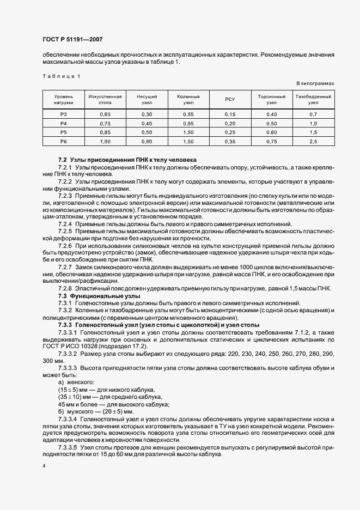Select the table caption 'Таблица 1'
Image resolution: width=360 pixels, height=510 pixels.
[x=62, y=76]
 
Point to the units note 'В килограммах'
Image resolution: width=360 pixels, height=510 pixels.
[x=315, y=83]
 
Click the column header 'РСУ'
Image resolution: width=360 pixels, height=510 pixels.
[x=230, y=99]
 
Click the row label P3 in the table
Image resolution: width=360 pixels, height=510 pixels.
[x=63, y=114]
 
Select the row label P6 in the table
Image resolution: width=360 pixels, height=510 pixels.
[x=63, y=142]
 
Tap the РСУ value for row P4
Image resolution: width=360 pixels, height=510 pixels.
[x=230, y=124]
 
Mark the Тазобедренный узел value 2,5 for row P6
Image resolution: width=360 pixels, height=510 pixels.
[x=313, y=142]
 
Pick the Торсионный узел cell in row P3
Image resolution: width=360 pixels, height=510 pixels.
[x=272, y=114]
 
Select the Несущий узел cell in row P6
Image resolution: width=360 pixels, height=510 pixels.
[x=147, y=142]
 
